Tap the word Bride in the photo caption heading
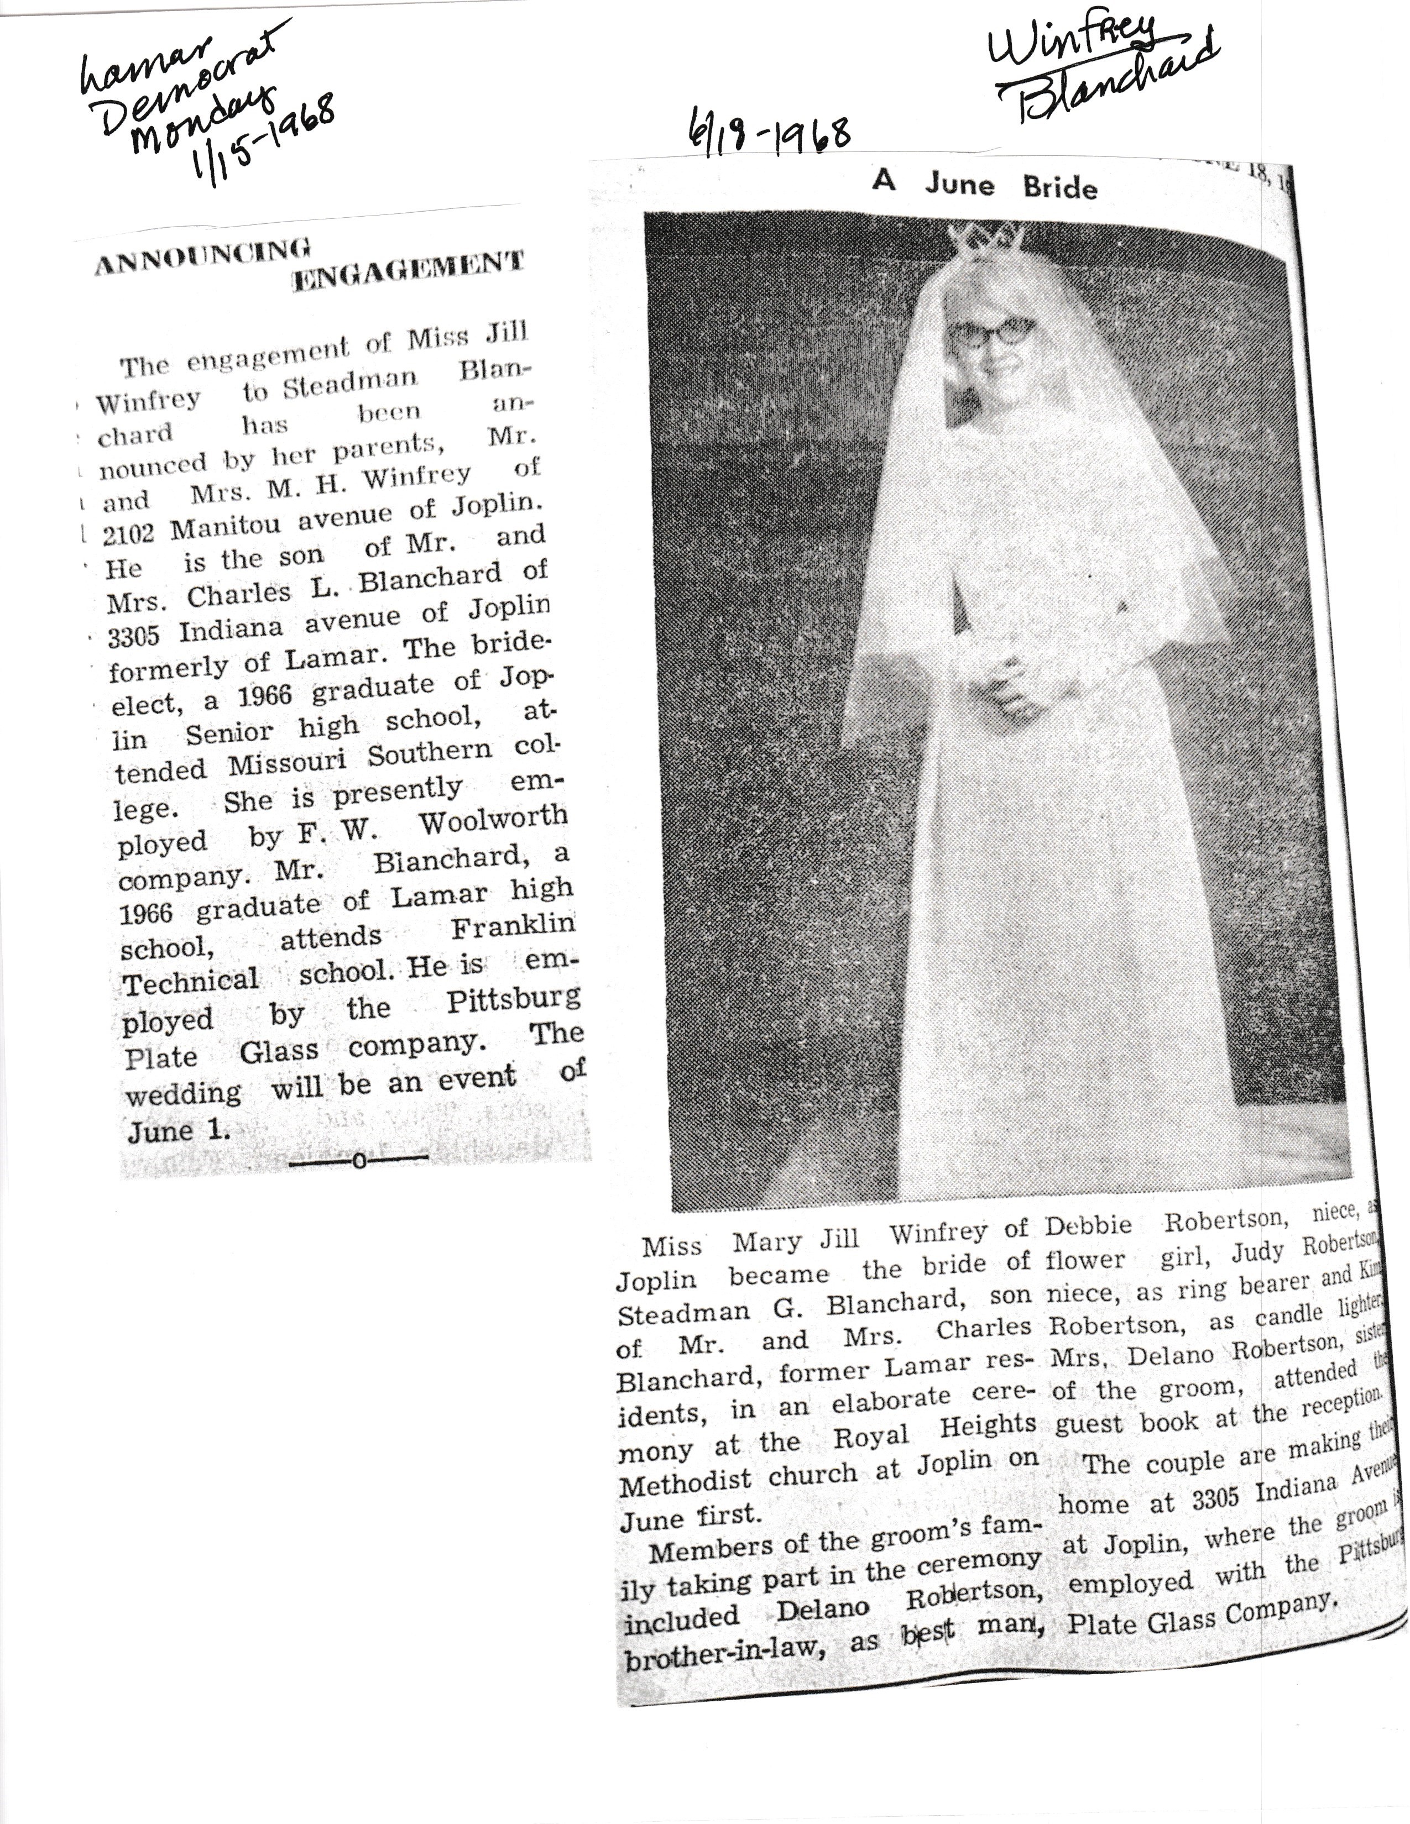pyautogui.click(x=1059, y=186)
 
